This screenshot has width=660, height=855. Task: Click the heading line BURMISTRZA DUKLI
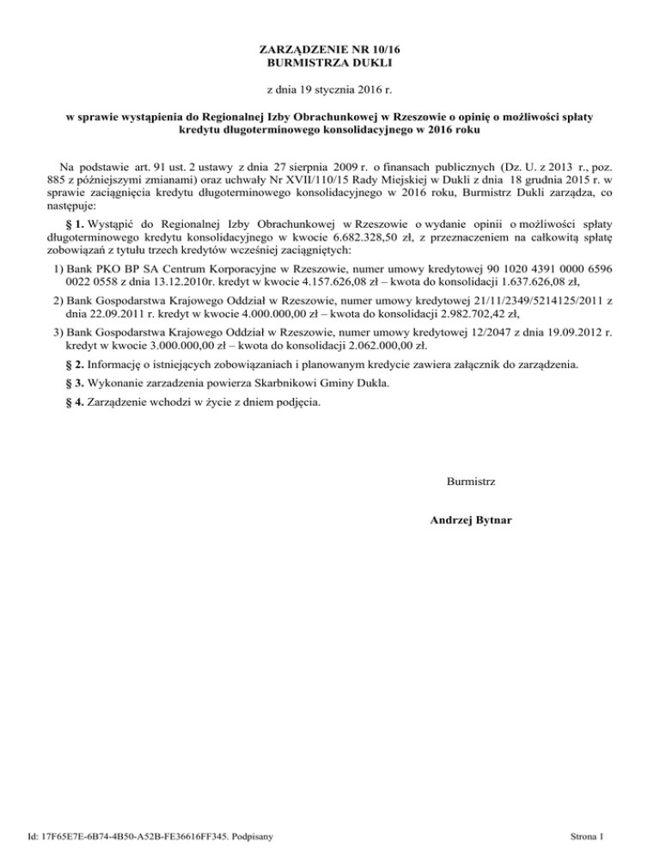click(330, 63)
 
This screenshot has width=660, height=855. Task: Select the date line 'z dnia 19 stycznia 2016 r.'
click(329, 89)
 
